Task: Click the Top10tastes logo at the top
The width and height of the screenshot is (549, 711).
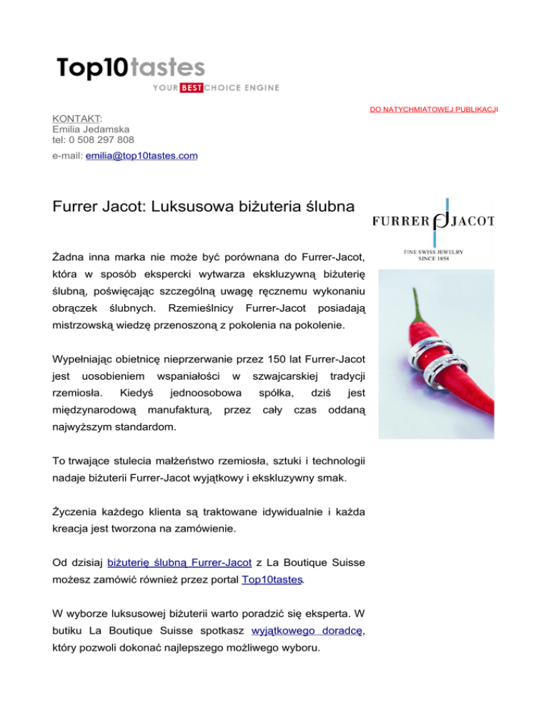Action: click(x=131, y=69)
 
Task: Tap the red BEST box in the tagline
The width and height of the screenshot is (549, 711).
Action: click(x=191, y=88)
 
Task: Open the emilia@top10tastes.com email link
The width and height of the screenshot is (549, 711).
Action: click(x=142, y=155)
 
